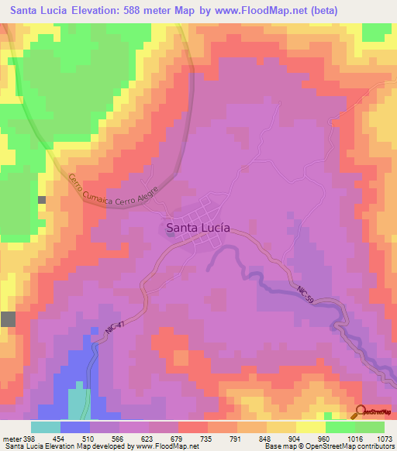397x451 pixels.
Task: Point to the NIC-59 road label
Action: pyautogui.click(x=306, y=294)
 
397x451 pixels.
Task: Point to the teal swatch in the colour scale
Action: pyautogui.click(x=46, y=426)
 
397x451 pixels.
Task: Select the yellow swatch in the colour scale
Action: pyautogui.click(x=281, y=426)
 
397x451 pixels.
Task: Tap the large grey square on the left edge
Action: pyautogui.click(x=8, y=318)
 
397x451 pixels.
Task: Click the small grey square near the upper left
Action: pyautogui.click(x=42, y=200)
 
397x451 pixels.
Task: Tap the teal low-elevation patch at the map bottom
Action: pyautogui.click(x=79, y=404)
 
